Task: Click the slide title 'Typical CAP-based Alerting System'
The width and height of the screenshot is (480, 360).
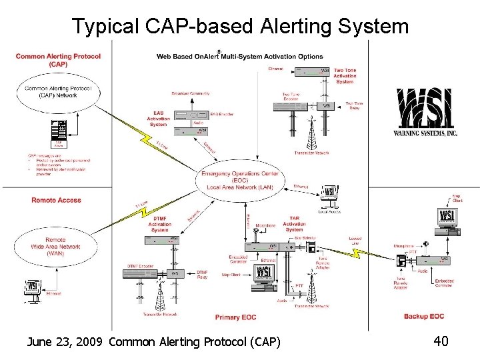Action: point(239,26)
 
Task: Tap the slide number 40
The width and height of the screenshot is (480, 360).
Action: point(440,341)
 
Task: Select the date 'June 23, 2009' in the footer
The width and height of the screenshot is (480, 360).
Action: point(65,342)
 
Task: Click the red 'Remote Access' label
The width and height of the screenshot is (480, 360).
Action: point(56,200)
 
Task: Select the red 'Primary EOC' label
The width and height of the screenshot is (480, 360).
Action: point(236,317)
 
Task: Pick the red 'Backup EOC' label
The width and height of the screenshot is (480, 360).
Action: point(423,316)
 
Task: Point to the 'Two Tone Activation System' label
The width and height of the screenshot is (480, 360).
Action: point(345,76)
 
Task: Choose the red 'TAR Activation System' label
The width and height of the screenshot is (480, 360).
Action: point(295,224)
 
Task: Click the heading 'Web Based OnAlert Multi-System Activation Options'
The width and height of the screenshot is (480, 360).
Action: point(239,57)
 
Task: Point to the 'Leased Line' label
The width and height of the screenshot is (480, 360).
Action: point(355,239)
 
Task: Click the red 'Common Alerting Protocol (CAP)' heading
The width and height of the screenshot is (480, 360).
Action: point(58,60)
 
